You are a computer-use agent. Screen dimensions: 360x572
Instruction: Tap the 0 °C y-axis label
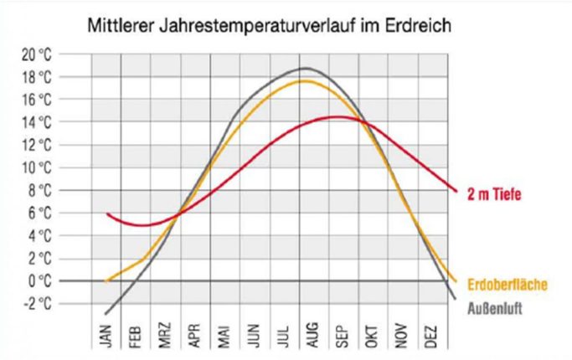61,280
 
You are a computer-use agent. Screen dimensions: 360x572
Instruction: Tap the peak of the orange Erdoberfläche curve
303,80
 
